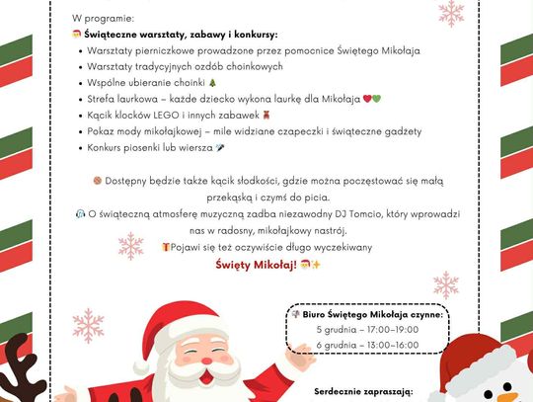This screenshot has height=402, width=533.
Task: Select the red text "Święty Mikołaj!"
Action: pos(256,264)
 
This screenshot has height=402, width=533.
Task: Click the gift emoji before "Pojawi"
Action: pos(167,247)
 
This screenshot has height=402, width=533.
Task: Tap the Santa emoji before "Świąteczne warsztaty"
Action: pos(77,35)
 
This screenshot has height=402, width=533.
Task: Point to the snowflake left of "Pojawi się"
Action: pos(130,245)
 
